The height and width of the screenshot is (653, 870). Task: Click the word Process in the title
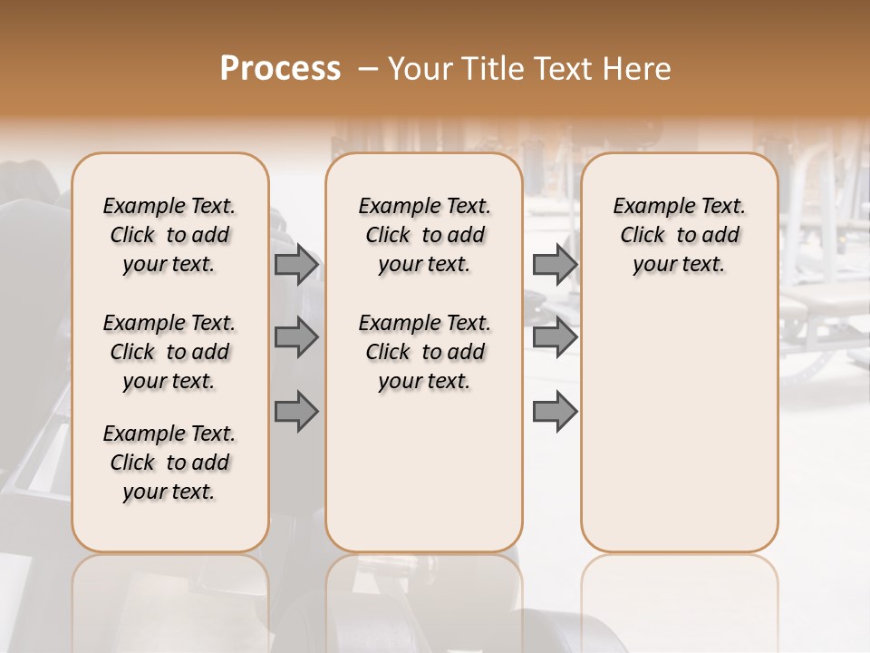point(280,68)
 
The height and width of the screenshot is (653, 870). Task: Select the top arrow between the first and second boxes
point(296,264)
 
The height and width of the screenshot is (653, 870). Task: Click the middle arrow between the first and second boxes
point(296,337)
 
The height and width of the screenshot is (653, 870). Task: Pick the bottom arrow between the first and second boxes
point(296,411)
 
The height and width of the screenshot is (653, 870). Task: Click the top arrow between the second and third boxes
point(555,264)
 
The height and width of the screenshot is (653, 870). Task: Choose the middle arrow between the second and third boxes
point(555,337)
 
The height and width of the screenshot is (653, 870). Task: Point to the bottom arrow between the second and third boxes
point(555,411)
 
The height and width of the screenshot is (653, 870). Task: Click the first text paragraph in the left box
point(169,235)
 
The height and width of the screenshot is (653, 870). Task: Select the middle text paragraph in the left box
point(169,352)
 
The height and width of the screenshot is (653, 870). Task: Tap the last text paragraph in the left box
point(169,463)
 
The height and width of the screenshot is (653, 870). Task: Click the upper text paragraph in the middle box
point(424,235)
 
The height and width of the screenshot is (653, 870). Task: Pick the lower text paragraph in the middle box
point(424,352)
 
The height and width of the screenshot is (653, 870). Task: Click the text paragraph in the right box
point(679,235)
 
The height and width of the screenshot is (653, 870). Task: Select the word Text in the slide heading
point(564,68)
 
